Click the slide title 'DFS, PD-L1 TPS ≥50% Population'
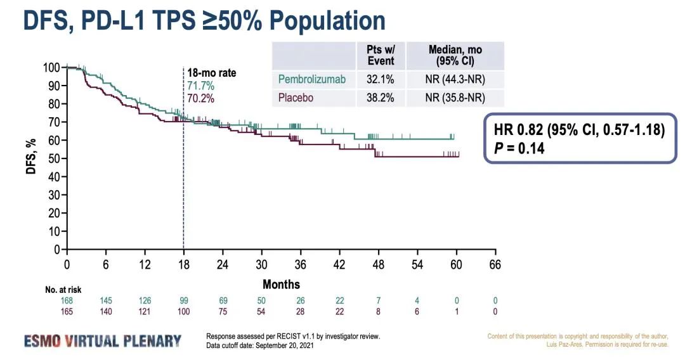204,20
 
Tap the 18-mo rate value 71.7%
200,86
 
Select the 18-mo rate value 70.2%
200,98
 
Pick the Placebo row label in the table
296,98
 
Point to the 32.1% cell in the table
381,79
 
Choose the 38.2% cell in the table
381,98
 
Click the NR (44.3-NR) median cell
455,79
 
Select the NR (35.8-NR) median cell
455,98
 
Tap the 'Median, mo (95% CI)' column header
455,55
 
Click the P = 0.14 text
519,149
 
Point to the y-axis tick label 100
51,68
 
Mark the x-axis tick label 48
378,265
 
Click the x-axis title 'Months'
281,284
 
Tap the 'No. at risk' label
63,290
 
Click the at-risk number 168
67,300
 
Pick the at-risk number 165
67,311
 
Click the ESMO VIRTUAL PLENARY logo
103,340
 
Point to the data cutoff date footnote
259,345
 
